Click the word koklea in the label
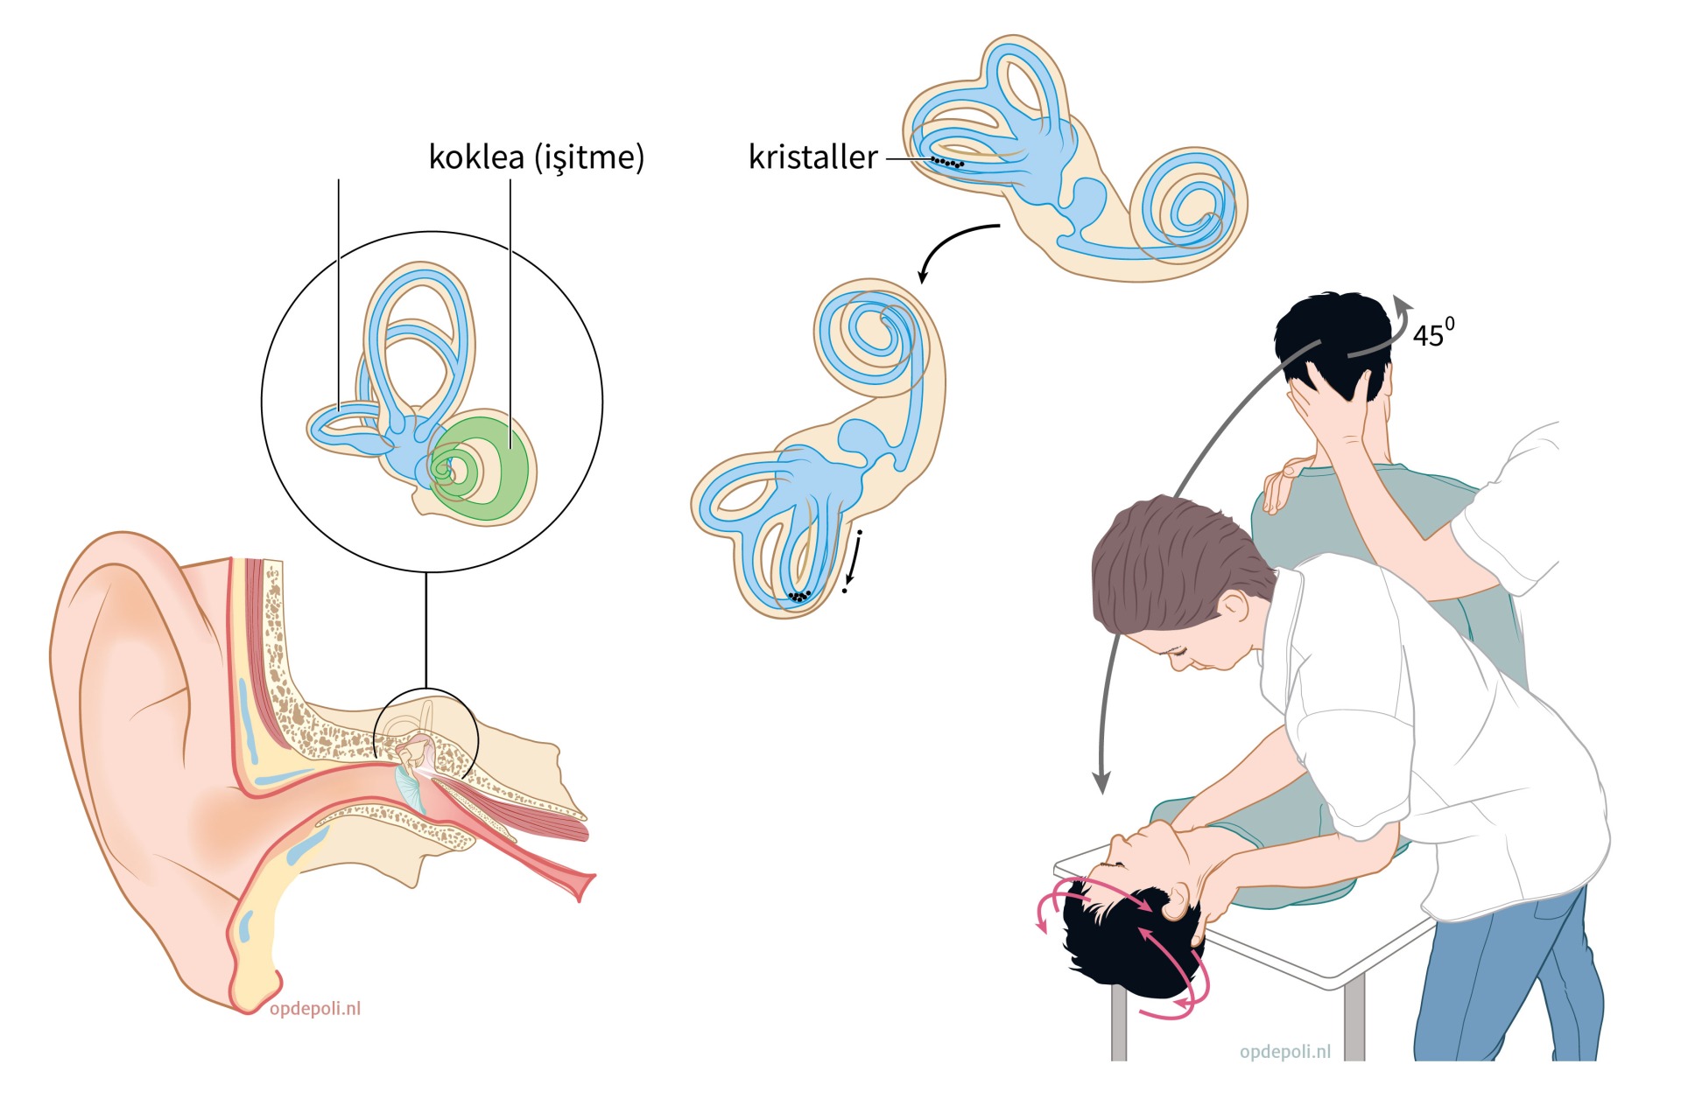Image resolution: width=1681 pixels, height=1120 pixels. pos(476,157)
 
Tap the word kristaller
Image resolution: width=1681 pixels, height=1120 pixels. pos(812,157)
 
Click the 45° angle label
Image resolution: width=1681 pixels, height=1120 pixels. pos(1434,332)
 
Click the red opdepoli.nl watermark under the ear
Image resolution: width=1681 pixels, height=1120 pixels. pos(315,1008)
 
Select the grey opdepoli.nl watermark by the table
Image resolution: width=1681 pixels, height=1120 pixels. pos(1285,1051)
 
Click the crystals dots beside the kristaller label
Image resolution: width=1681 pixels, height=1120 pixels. pos(947,162)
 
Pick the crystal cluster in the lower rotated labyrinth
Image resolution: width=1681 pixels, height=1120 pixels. pos(798,597)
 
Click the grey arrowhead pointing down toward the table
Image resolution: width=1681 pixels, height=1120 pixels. pos(1102,781)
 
